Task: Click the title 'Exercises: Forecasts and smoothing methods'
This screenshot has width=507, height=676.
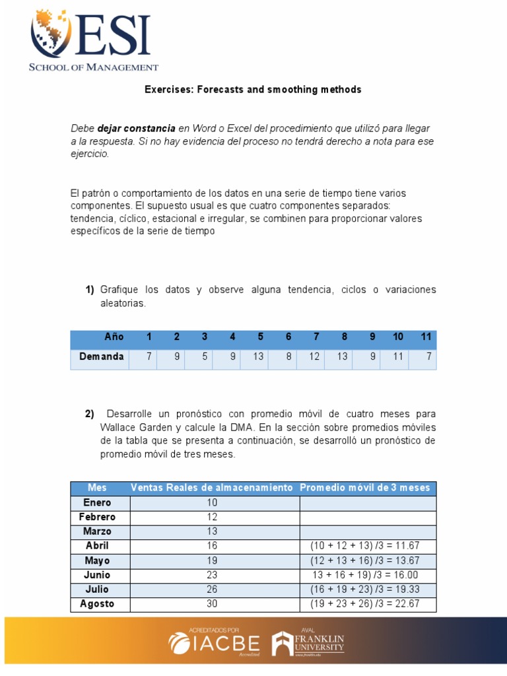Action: coord(253,89)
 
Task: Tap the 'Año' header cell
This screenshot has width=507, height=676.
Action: coord(114,337)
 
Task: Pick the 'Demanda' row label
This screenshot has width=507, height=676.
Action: coord(102,356)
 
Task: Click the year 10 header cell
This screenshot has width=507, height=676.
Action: coord(398,337)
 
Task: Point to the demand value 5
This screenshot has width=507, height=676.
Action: coord(205,356)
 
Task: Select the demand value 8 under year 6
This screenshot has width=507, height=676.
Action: coord(288,356)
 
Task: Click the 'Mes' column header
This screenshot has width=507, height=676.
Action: coord(97,487)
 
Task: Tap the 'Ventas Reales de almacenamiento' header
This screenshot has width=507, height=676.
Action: coord(211,487)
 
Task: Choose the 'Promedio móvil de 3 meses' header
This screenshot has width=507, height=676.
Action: coord(364,487)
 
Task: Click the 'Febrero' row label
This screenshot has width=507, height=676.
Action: coord(97,517)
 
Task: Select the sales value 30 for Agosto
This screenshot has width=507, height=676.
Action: coord(212,603)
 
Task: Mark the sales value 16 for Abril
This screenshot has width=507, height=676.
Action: coord(212,546)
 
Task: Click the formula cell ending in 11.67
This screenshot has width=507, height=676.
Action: coord(364,546)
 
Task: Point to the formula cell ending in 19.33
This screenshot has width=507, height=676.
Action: coord(364,589)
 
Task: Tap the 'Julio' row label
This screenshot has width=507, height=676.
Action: coord(97,589)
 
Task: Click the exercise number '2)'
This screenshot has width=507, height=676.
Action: coord(89,415)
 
